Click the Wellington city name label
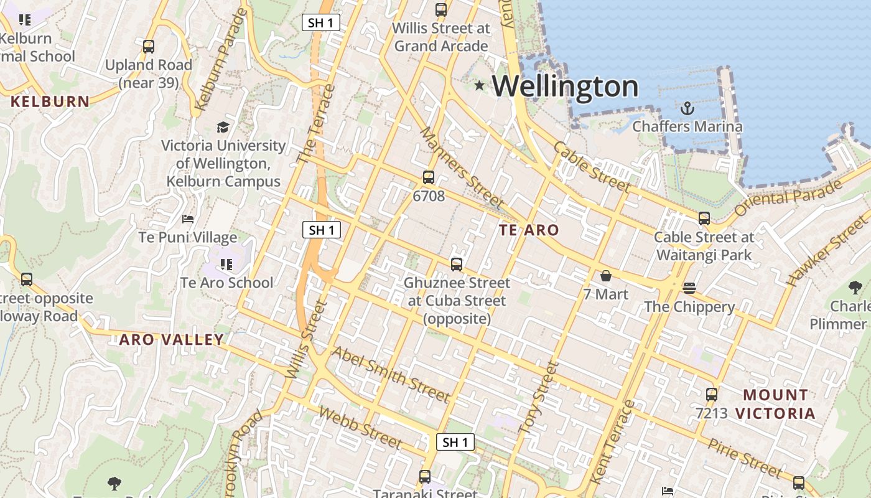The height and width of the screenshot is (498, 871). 566,86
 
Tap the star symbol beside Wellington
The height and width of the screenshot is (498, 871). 479,85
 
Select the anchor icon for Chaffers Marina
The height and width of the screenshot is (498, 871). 687,108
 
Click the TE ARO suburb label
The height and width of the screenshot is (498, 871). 529,230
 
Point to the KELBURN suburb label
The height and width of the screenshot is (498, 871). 50,101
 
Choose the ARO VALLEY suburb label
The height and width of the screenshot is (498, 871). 171,339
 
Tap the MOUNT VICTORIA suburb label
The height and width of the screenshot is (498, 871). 775,404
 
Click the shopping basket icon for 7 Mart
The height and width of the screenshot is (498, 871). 606,276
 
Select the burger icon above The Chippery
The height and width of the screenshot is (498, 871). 689,288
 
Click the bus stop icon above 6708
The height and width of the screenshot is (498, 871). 429,177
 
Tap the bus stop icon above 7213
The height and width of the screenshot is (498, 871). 712,394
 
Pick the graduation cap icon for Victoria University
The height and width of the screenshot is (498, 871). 223,128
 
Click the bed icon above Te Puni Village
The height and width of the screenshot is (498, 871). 188,219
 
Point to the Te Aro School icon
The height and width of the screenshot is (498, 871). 226,264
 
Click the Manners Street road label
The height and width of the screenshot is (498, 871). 461,167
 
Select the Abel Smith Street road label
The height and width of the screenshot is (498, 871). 390,374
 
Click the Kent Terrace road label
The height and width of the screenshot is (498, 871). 612,442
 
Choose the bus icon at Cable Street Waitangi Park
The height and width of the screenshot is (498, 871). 704,218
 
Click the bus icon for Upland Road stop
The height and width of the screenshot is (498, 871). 149,46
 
